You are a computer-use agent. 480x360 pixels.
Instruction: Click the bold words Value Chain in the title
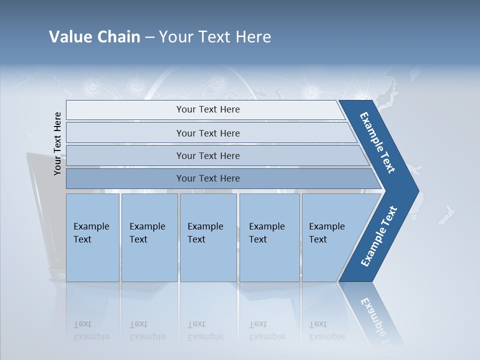click(94, 37)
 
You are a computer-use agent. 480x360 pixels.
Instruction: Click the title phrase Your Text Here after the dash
click(215, 37)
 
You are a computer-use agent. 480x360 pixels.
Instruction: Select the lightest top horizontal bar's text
click(208, 109)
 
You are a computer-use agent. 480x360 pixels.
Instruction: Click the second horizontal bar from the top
click(208, 133)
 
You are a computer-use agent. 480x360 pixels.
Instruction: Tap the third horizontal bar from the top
click(208, 155)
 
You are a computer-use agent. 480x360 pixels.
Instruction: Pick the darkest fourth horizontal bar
click(208, 178)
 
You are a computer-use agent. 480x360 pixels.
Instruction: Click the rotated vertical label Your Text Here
click(57, 143)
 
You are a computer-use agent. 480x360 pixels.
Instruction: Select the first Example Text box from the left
click(92, 237)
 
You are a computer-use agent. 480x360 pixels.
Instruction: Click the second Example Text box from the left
click(149, 237)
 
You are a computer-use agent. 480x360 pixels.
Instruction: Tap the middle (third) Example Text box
click(208, 237)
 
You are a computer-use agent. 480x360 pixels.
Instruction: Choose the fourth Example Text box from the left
click(269, 237)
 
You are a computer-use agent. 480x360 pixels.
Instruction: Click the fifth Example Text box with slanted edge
click(332, 237)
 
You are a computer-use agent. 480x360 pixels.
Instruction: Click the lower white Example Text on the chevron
click(378, 236)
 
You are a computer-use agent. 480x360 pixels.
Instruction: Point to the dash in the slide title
click(149, 37)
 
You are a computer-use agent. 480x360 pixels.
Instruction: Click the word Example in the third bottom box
click(205, 226)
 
